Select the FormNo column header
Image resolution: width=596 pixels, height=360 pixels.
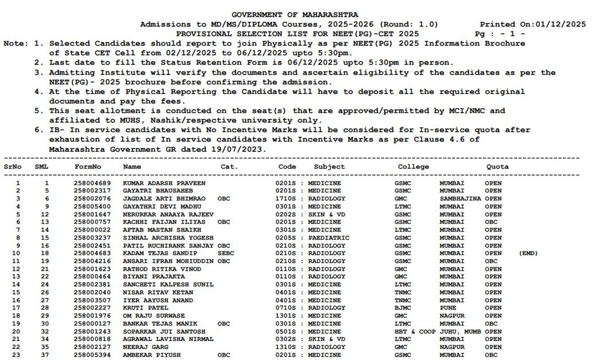pyautogui.click(x=88, y=167)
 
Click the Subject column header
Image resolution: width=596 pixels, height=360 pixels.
pyautogui.click(x=329, y=167)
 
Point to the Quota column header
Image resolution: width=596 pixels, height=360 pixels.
pyautogui.click(x=497, y=167)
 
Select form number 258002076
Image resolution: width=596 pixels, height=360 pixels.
pyautogui.click(x=92, y=198)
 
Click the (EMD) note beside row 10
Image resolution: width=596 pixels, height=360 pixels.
pyautogui.click(x=528, y=253)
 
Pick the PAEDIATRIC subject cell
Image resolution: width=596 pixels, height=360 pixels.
pyautogui.click(x=327, y=237)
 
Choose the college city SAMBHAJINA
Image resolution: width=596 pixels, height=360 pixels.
pyautogui.click(x=460, y=198)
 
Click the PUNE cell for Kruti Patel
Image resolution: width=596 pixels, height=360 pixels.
pyautogui.click(x=448, y=308)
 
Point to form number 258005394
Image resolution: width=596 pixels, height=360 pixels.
pyautogui.click(x=92, y=355)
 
